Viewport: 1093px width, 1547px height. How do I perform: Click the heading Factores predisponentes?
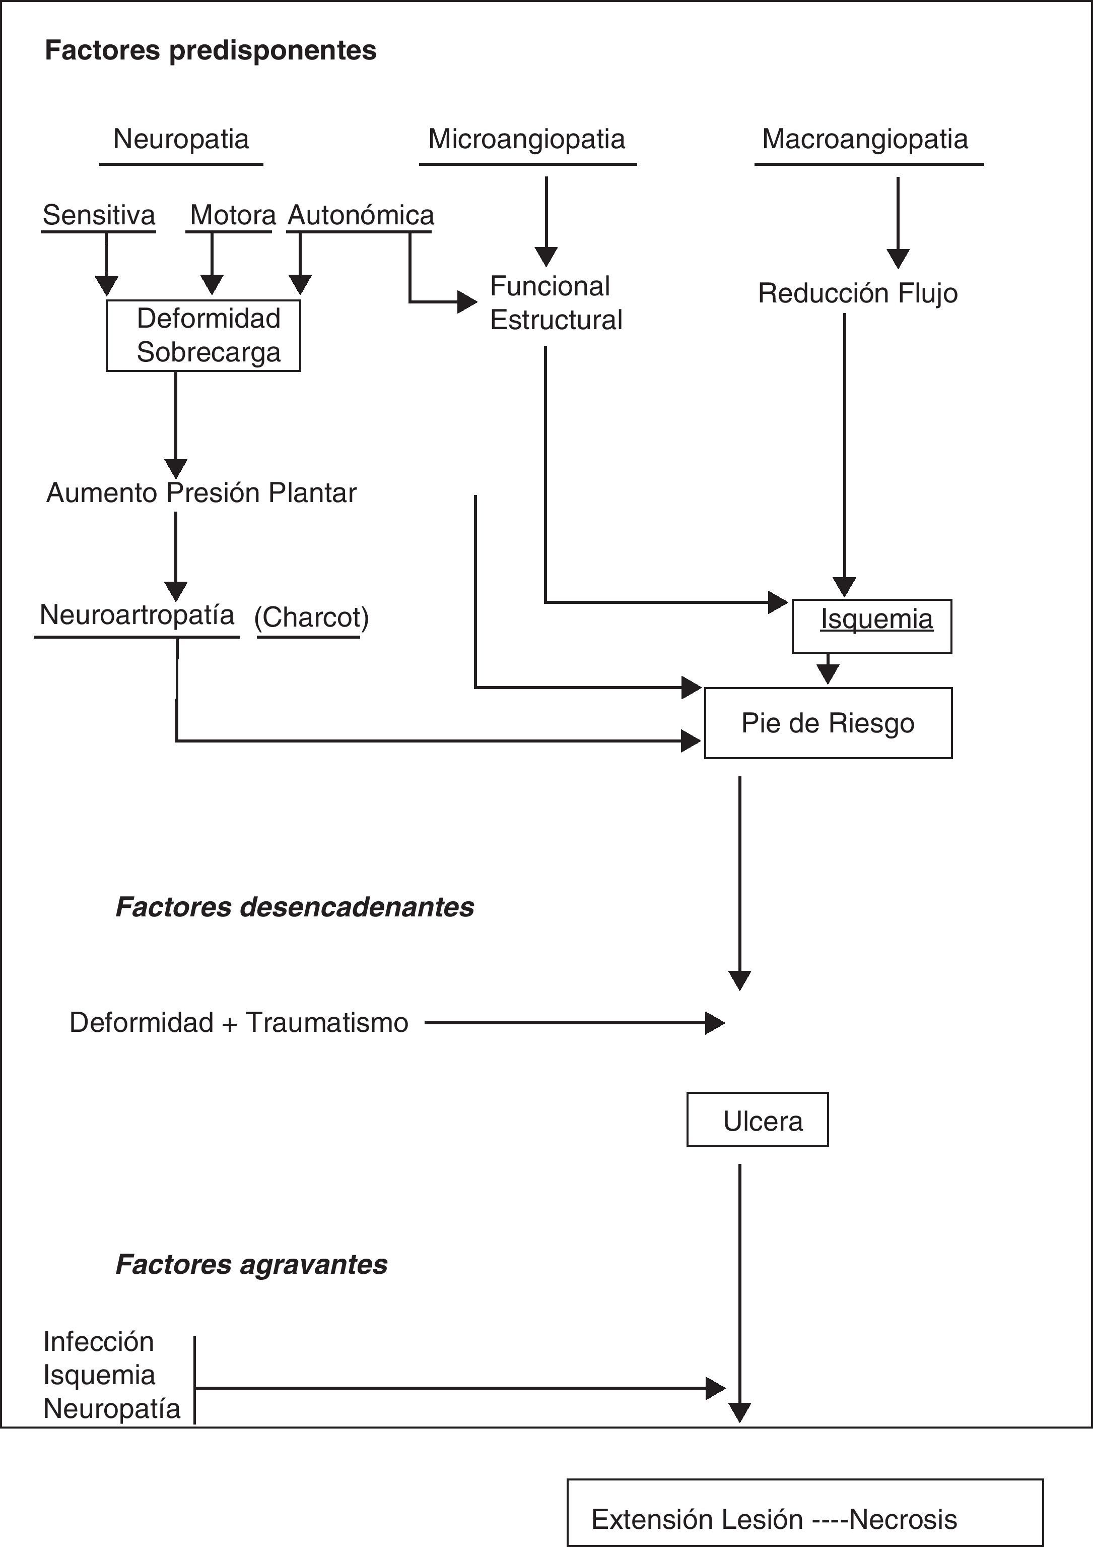210,50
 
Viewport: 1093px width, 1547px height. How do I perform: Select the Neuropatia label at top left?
180,140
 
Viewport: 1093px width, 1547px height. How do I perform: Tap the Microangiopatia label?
527,140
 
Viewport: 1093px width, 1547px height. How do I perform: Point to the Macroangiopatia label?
865,140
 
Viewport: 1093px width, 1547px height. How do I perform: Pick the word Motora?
232,216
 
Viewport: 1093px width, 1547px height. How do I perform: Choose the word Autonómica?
361,216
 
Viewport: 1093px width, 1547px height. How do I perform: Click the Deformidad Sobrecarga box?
203,336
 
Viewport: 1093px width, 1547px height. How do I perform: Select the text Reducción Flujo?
857,293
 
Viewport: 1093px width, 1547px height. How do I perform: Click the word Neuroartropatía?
136,615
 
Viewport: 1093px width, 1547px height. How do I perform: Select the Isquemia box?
872,626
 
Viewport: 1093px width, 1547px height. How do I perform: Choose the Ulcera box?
758,1122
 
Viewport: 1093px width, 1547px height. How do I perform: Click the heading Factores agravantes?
251,1265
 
